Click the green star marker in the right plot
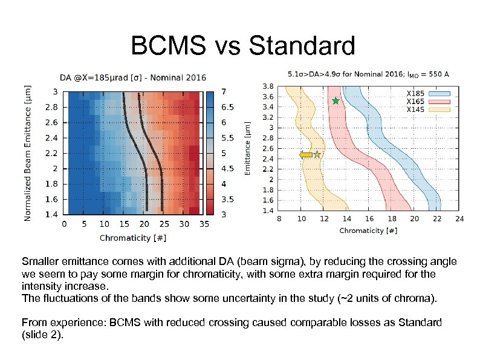tap(336, 101)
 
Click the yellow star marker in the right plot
tap(317, 155)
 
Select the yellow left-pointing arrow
tap(306, 155)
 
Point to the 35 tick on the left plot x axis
tap(203, 224)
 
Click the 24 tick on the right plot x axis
tap(459, 218)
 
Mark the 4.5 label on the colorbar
tap(227, 168)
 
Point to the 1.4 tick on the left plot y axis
tap(54, 214)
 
